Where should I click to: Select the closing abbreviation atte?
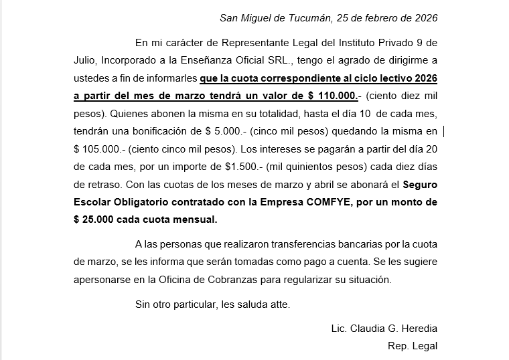tap(279, 304)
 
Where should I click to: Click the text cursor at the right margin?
tap(445, 130)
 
